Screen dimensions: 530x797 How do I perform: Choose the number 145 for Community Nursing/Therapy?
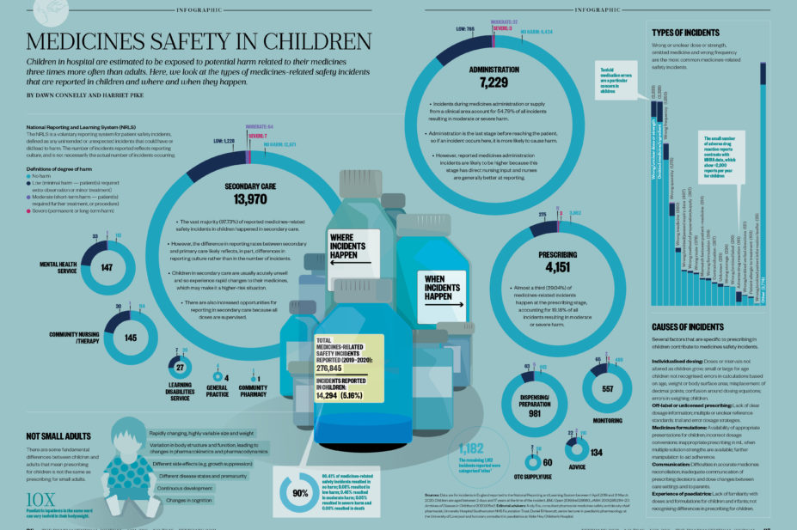point(131,337)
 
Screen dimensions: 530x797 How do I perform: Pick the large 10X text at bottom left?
point(40,499)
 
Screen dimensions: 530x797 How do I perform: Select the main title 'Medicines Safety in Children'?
point(199,42)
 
